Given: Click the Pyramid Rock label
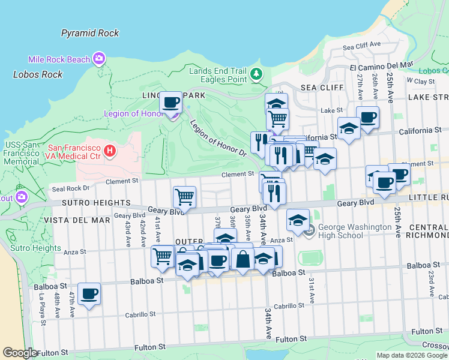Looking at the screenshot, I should [x=90, y=34].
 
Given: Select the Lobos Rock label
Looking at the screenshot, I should [x=38, y=74].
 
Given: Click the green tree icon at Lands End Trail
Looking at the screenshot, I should [x=257, y=74].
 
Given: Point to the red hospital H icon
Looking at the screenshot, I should [x=109, y=151].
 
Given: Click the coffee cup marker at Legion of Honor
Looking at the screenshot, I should [x=170, y=103].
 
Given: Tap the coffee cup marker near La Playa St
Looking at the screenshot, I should [x=89, y=294].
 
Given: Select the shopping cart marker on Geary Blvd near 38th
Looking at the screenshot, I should [x=184, y=197].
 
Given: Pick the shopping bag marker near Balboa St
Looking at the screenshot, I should [x=243, y=260].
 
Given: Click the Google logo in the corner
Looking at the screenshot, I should [x=19, y=353].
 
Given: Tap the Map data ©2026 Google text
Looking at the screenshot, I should [x=412, y=355].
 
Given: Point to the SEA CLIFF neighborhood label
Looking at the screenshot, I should [x=317, y=87].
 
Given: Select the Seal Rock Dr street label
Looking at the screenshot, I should [x=71, y=188].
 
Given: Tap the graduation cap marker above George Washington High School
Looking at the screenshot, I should [x=298, y=220].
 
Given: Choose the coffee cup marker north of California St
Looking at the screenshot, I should [x=367, y=117].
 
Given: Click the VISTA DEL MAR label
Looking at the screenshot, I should [x=77, y=220].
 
